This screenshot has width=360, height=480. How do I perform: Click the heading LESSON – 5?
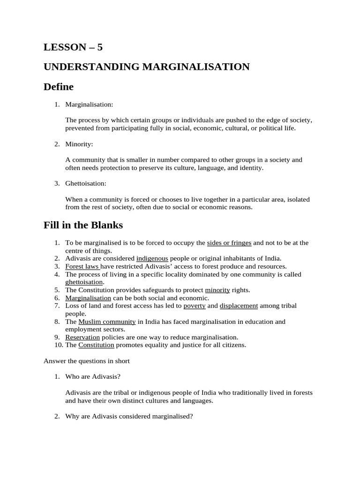pyautogui.click(x=73, y=47)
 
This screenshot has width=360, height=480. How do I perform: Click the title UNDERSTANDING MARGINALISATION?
pyautogui.click(x=146, y=67)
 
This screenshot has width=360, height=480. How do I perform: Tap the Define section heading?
pyautogui.click(x=59, y=87)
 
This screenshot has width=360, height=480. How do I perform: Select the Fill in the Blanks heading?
pyautogui.click(x=83, y=225)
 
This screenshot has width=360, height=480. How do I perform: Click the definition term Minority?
pyautogui.click(x=79, y=144)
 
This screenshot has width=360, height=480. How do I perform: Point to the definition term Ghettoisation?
pyautogui.click(x=86, y=183)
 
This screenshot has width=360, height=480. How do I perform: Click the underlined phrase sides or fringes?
pyautogui.click(x=229, y=243)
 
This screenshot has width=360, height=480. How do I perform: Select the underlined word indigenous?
pyautogui.click(x=152, y=258)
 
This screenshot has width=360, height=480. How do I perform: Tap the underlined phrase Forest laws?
pyautogui.click(x=82, y=266)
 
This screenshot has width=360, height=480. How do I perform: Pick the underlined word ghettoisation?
pyautogui.click(x=84, y=282)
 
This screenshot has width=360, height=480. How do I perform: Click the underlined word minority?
pyautogui.click(x=217, y=290)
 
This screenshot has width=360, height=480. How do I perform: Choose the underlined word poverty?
pyautogui.click(x=195, y=306)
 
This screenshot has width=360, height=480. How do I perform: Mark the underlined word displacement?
pyautogui.click(x=239, y=306)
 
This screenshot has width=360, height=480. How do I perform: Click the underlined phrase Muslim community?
pyautogui.click(x=107, y=322)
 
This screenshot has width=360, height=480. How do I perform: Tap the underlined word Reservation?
pyautogui.click(x=82, y=337)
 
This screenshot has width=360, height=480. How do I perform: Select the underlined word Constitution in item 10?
pyautogui.click(x=97, y=345)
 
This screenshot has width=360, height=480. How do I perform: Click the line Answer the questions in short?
pyautogui.click(x=86, y=361)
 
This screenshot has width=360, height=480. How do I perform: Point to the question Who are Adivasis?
pyautogui.click(x=96, y=376)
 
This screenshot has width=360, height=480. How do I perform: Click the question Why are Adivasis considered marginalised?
pyautogui.click(x=129, y=416)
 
